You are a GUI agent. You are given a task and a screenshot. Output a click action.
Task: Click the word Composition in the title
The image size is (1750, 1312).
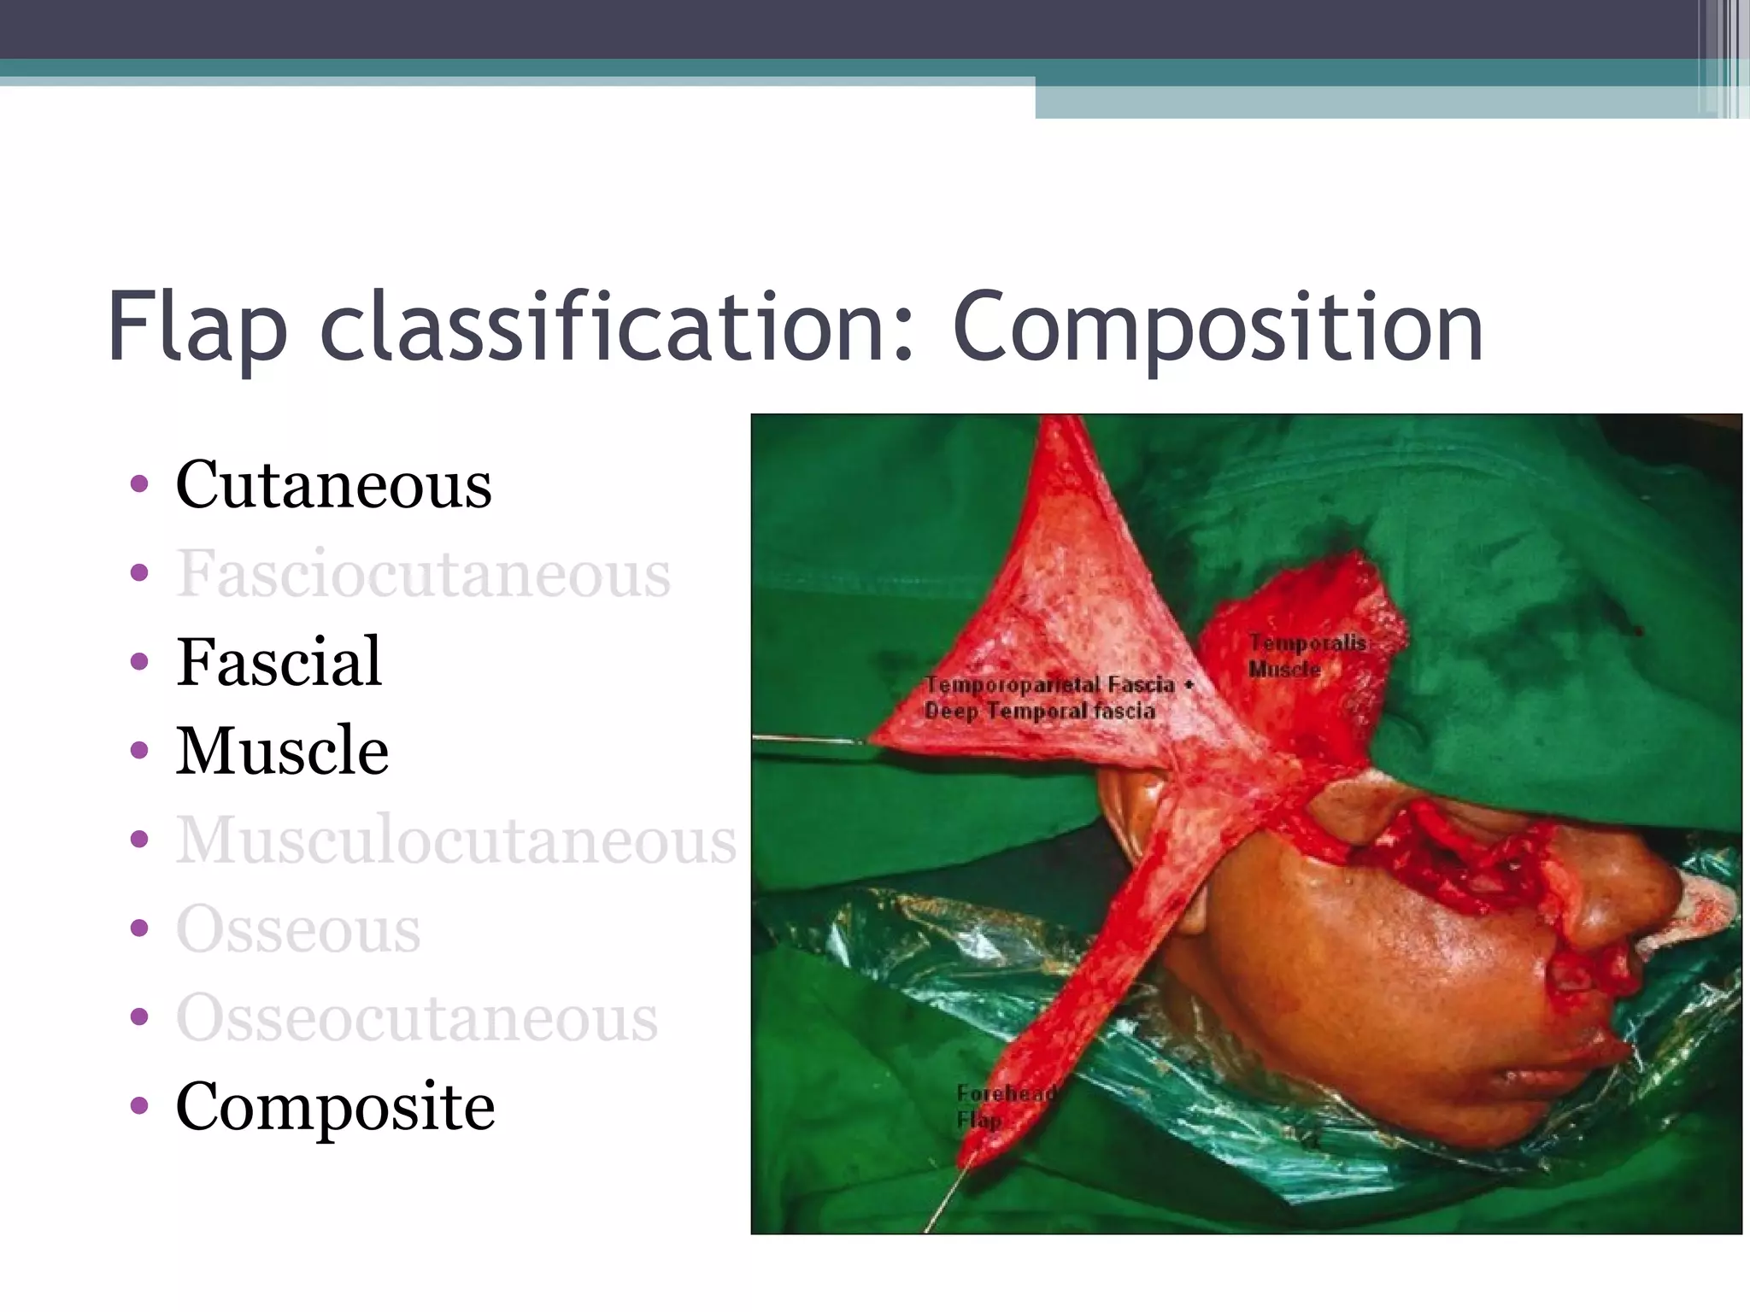(x=1217, y=329)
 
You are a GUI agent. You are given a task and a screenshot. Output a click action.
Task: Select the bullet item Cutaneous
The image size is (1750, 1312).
(x=333, y=484)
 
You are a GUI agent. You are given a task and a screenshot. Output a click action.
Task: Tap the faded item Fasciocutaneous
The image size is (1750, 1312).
(x=423, y=573)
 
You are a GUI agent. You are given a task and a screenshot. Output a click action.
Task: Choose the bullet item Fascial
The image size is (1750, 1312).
(x=279, y=662)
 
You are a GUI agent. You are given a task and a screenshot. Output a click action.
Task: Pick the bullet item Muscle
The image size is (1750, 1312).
(x=282, y=751)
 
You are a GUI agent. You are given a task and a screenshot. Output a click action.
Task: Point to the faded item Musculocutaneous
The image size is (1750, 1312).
(x=455, y=840)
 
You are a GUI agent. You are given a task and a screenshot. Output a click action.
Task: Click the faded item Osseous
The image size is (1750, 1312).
(x=298, y=928)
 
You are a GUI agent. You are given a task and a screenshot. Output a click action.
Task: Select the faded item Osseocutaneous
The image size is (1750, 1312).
(x=417, y=1017)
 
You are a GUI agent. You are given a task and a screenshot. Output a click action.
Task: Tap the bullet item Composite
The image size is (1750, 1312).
(x=335, y=1106)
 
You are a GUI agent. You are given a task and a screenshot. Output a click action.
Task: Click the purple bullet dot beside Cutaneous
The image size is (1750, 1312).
(x=139, y=485)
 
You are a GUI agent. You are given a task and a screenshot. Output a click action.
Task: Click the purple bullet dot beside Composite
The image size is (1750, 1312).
(x=139, y=1107)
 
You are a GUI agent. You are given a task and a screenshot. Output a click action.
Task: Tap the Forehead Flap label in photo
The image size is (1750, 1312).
(x=1004, y=1105)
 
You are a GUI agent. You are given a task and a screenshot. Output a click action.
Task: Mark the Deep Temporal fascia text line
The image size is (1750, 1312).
(x=1039, y=712)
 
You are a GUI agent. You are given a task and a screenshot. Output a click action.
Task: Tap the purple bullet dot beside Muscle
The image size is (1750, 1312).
(x=139, y=752)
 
